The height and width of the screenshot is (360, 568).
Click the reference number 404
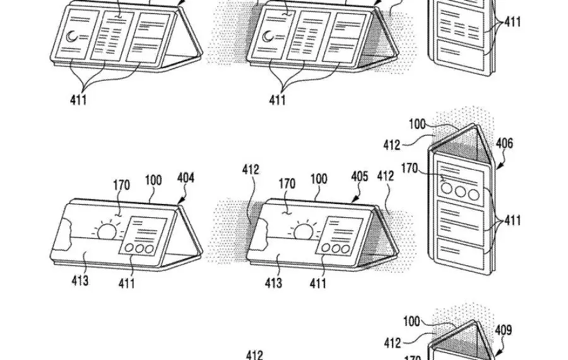pyautogui.click(x=186, y=179)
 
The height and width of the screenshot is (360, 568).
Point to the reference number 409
pyautogui.click(x=503, y=330)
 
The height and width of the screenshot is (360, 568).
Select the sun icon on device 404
pyautogui.click(x=107, y=231)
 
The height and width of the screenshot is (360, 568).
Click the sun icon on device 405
pyautogui.click(x=305, y=231)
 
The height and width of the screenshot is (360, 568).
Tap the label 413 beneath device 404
pyautogui.click(x=79, y=281)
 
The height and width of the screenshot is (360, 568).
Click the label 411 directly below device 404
pyautogui.click(x=126, y=284)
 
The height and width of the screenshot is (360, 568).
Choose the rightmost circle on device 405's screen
pyautogui.click(x=346, y=249)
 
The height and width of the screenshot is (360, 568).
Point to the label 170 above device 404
pyautogui.click(x=122, y=185)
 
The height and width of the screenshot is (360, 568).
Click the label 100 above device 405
pyautogui.click(x=319, y=179)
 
